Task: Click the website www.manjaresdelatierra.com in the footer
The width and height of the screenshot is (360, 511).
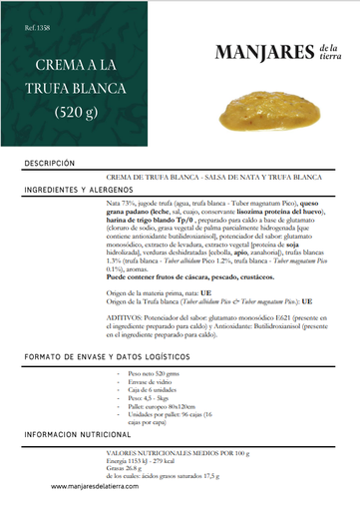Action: click(x=102, y=487)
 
